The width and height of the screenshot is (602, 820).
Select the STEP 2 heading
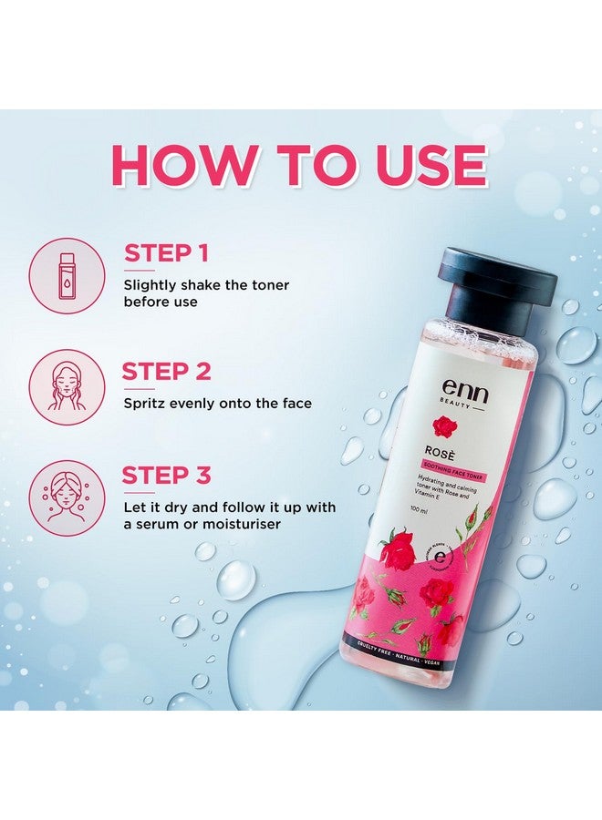(x=167, y=371)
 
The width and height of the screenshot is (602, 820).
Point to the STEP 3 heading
(x=167, y=475)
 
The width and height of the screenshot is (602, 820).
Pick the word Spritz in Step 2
(x=146, y=403)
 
